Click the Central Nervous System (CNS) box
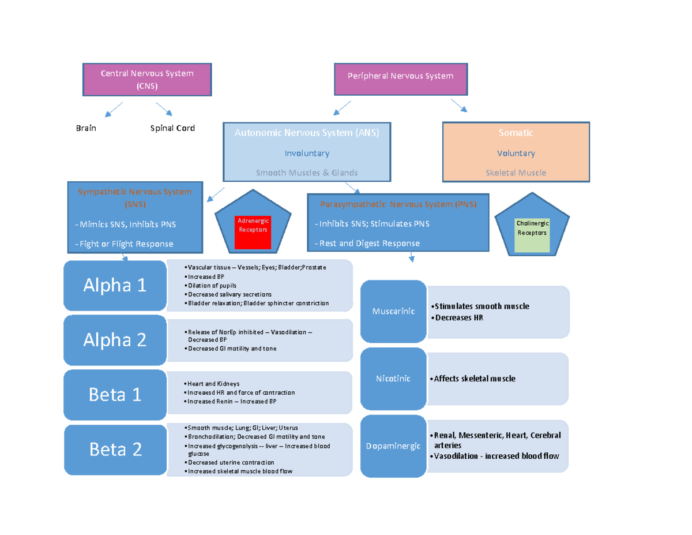[147, 80]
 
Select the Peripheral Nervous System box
[400, 79]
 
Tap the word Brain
[86, 128]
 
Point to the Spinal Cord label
[172, 128]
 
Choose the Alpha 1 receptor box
[115, 285]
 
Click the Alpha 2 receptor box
[115, 340]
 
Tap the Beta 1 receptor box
[115, 395]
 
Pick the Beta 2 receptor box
[115, 450]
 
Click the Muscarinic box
[393, 311]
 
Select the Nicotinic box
[393, 379]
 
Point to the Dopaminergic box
[393, 446]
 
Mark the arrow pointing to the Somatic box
[460, 106]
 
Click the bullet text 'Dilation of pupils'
[212, 286]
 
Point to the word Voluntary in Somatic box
[516, 154]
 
